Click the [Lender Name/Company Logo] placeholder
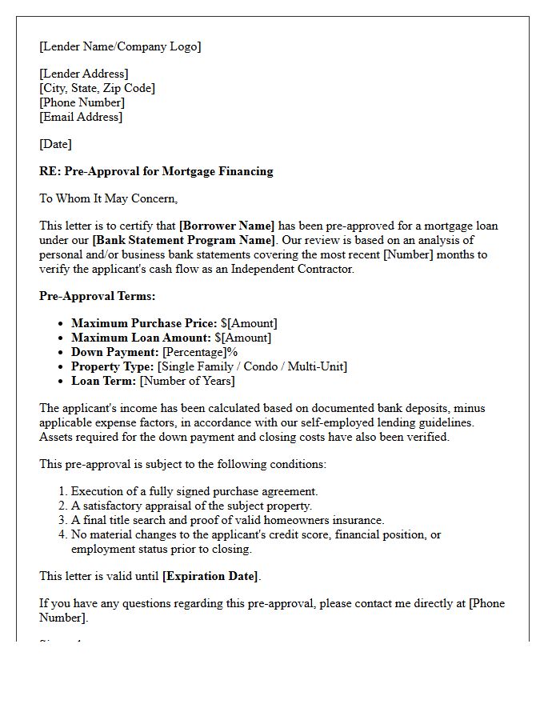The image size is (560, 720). [x=120, y=46]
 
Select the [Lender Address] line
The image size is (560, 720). [x=84, y=74]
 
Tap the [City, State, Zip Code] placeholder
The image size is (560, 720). [x=97, y=88]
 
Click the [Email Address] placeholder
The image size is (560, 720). [x=81, y=117]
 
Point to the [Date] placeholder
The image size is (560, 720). [x=55, y=144]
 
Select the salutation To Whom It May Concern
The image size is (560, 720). [x=108, y=198]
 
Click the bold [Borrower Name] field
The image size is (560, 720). [x=226, y=226]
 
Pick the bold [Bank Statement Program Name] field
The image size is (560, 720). [x=183, y=240]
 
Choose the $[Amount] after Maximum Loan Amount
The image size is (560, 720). [x=242, y=338]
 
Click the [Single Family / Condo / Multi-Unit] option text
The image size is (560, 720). [x=252, y=366]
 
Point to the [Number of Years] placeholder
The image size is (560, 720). [x=187, y=381]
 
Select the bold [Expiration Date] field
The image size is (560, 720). [x=210, y=576]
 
